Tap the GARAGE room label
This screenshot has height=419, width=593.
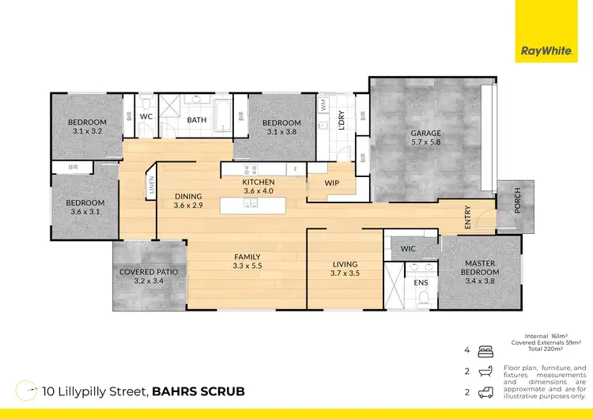(425, 133)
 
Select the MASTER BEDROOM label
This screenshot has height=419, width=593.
(480, 268)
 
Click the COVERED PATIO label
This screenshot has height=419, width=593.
(149, 272)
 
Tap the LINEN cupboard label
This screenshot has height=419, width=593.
(151, 185)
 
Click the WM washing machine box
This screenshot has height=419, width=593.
(323, 104)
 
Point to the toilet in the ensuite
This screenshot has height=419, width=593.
(425, 298)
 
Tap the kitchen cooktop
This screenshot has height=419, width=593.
(251, 168)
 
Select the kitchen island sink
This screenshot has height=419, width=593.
(251, 205)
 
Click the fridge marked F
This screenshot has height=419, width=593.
(296, 168)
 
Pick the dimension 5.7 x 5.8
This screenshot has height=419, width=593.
(425, 143)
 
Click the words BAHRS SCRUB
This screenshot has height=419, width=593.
(198, 391)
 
